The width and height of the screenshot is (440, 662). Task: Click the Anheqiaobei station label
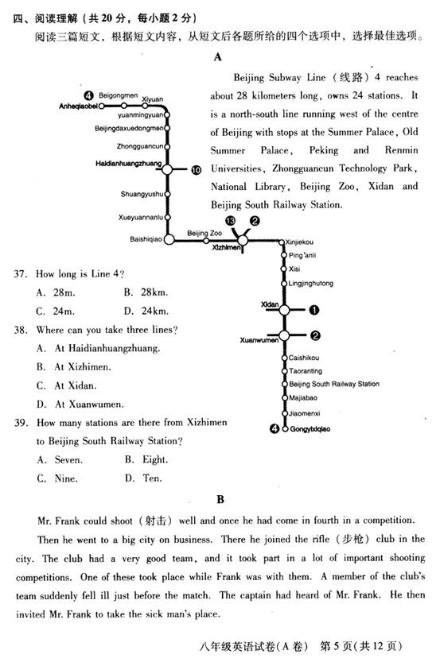point(78,106)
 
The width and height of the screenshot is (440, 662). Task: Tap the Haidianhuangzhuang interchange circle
point(167,169)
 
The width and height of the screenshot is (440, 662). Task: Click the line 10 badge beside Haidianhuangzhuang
point(196,170)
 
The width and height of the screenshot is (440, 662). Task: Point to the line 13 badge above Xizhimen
point(231,221)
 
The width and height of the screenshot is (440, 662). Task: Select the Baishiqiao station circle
point(169,239)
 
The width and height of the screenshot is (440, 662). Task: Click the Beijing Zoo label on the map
point(204,233)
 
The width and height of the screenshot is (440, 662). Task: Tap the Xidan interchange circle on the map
point(285,310)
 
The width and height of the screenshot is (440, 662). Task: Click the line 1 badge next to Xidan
point(314,310)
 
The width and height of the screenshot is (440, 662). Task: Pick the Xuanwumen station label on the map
point(259,340)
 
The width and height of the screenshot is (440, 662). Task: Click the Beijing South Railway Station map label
point(334,384)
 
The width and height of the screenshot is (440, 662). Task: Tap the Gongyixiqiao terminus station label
point(310,429)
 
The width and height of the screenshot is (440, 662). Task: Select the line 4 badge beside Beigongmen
point(88,95)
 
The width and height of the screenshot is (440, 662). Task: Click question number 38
point(21,330)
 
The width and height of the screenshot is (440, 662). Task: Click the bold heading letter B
point(220,499)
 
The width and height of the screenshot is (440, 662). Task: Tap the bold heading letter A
point(218,57)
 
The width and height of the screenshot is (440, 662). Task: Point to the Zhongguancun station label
point(140,146)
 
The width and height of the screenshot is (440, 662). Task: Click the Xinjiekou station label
point(299,242)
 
